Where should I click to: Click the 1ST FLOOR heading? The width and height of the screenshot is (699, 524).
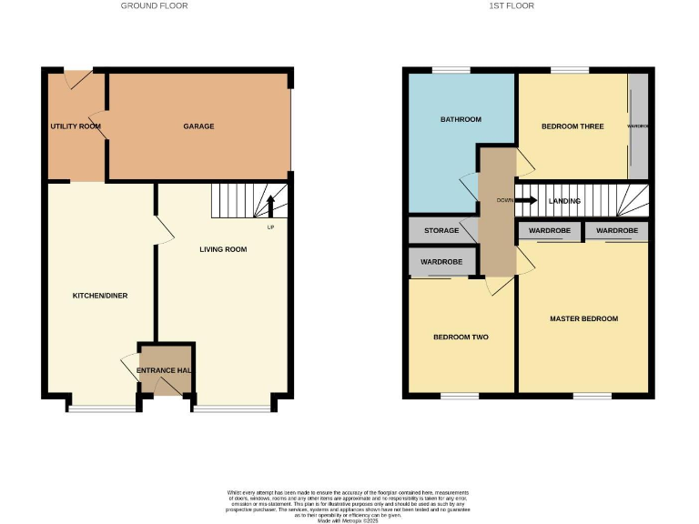point(512,5)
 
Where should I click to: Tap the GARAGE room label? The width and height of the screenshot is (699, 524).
point(198,126)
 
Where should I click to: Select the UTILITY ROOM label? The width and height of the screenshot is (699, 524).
point(76,126)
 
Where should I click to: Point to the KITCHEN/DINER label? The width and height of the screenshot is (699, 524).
point(99,296)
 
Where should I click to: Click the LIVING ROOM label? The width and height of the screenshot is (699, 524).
point(223,249)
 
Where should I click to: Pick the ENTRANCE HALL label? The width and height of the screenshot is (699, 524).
point(165,370)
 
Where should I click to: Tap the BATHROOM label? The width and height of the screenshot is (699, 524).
point(461,119)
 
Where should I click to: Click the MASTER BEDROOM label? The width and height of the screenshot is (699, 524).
point(583,318)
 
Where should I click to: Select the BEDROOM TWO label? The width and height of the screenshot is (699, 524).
point(461,338)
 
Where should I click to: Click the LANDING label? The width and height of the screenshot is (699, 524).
point(564,201)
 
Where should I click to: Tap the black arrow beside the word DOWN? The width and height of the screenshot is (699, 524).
point(526,200)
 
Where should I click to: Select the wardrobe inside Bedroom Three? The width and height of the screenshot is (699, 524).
point(638,126)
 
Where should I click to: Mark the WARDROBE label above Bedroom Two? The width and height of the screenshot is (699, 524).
point(441,262)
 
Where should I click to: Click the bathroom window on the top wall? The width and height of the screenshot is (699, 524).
point(451,70)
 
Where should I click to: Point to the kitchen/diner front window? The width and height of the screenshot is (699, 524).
point(99,408)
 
